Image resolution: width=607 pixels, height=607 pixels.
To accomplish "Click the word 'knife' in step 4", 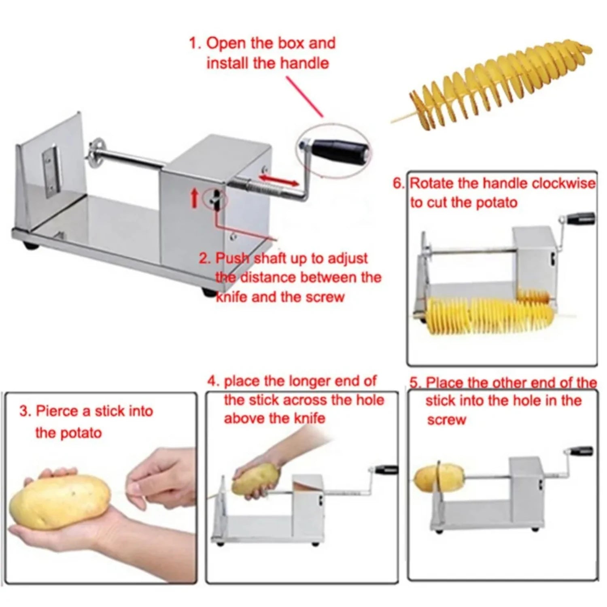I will [310, 418].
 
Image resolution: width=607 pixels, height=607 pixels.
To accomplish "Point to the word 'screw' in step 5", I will [446, 420].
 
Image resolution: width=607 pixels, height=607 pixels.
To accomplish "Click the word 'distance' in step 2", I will [268, 278].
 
